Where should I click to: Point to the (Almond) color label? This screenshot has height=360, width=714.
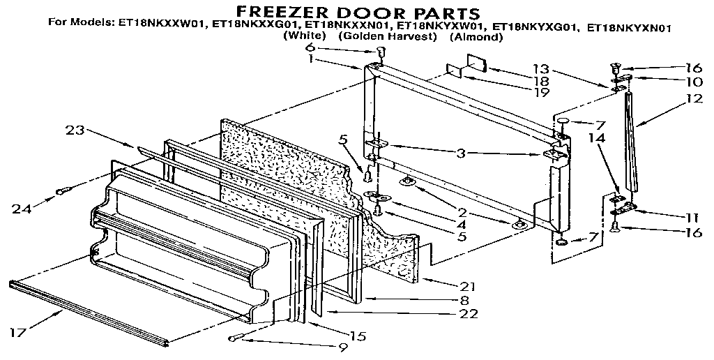(x=476, y=37)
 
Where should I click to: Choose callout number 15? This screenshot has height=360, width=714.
(x=358, y=336)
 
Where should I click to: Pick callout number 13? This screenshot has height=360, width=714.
(x=541, y=69)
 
